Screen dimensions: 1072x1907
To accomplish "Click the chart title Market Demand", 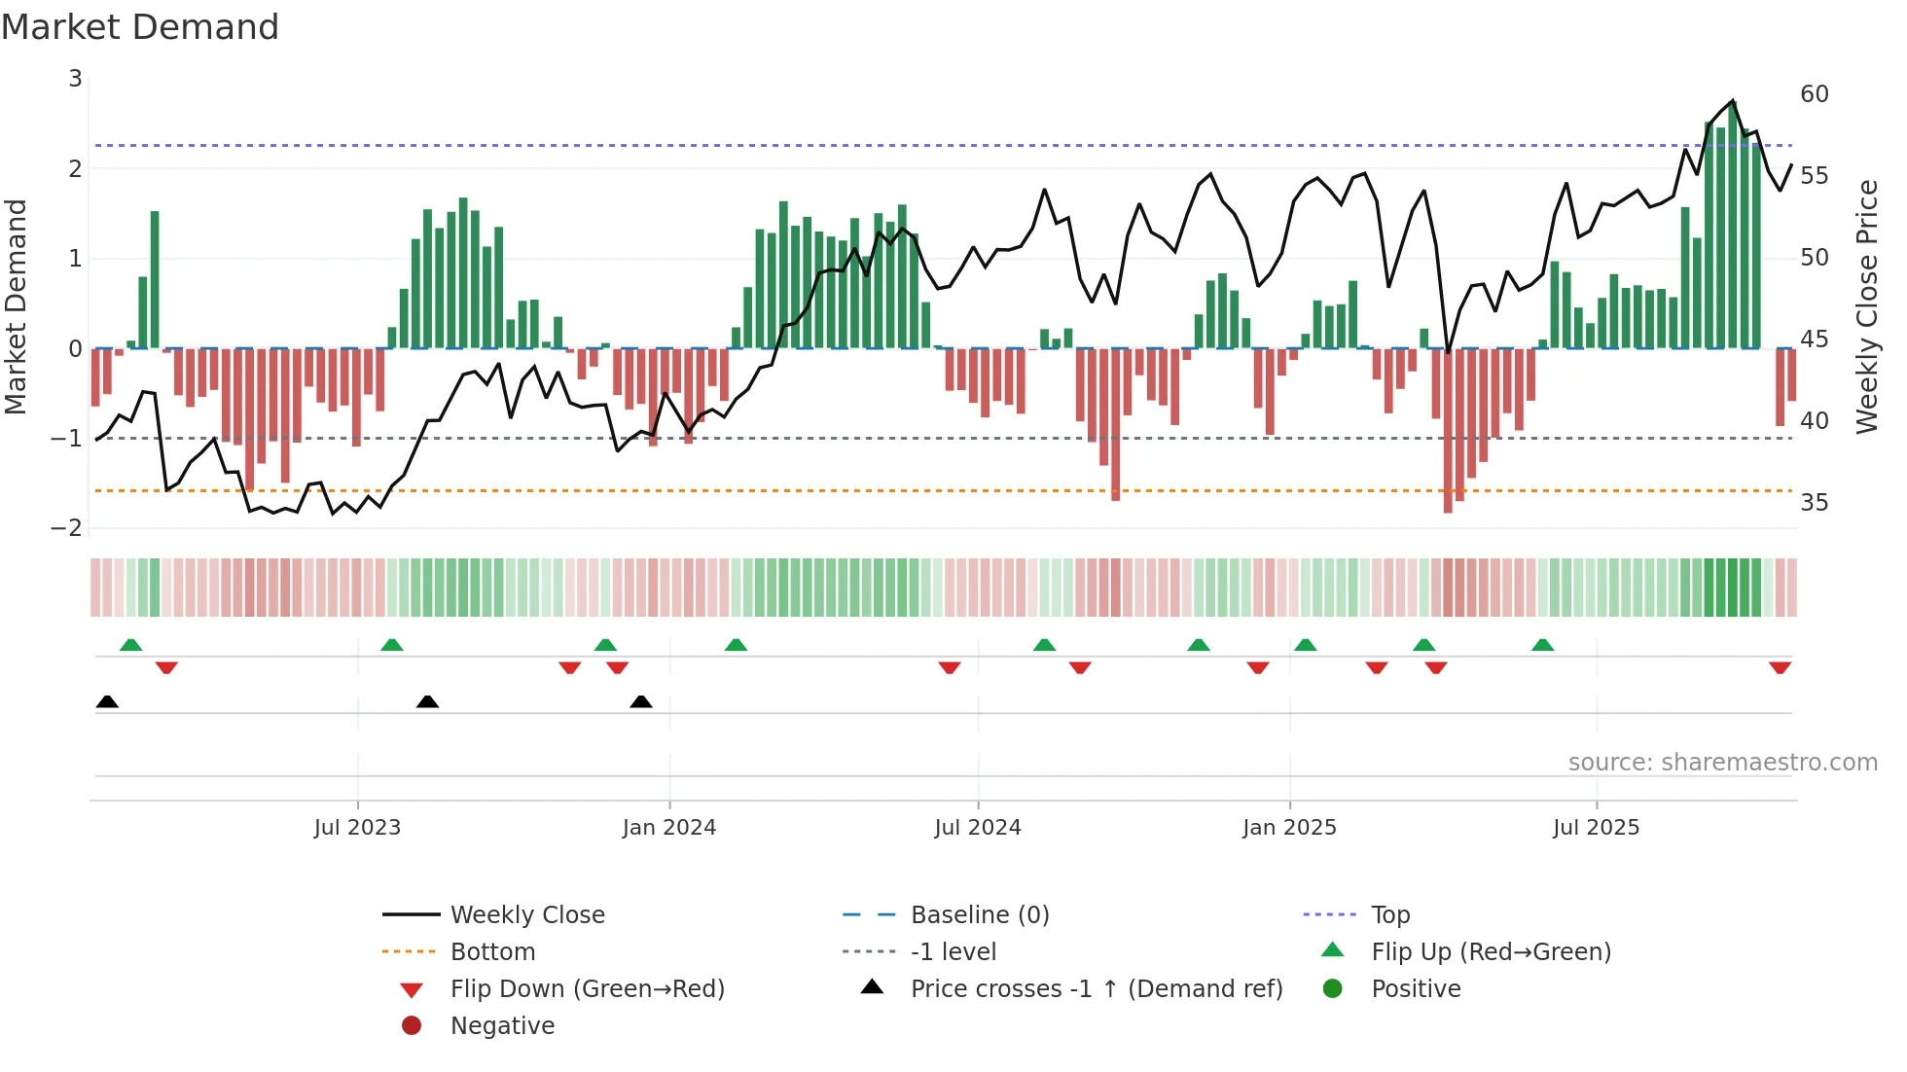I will tap(140, 27).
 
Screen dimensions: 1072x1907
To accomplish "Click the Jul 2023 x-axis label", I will tap(357, 828).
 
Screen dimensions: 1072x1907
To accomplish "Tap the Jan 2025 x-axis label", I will tap(1289, 828).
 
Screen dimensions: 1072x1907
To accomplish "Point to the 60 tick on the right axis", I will tap(1814, 94).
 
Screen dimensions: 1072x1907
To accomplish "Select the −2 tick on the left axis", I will tap(67, 528).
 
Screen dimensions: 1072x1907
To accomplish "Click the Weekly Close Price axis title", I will tap(1866, 306).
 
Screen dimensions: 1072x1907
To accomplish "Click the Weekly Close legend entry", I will tap(526, 915).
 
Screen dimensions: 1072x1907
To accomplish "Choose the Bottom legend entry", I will tap(492, 952).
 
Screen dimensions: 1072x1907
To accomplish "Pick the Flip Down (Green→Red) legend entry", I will tap(587, 989).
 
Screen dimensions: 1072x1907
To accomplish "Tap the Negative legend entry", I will tap(502, 1026).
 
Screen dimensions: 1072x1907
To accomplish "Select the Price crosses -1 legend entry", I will tap(1096, 989).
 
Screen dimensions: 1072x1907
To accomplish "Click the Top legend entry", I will tap(1389, 915).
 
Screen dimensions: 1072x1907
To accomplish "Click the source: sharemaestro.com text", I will tap(1722, 763).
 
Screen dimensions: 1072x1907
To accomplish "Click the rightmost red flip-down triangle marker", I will tap(1780, 668).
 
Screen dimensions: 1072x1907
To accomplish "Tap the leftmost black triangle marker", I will tap(107, 701).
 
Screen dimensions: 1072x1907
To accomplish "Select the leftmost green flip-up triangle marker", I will tap(130, 644).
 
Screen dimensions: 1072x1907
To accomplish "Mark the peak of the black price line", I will tap(1733, 101).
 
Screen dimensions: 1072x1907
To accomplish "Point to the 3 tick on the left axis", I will tap(75, 79).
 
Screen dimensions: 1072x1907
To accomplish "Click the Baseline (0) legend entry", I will tap(979, 915).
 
